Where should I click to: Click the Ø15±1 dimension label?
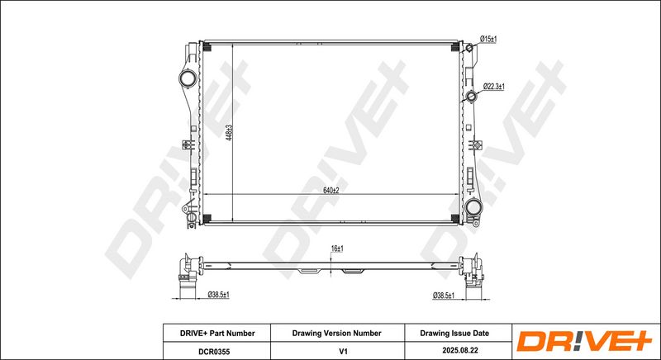point(488,39)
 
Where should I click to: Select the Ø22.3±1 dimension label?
point(493,87)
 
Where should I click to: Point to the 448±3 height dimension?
point(230,132)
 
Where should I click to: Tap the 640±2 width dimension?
point(331,190)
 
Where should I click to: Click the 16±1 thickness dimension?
point(337,249)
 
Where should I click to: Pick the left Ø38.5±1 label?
point(218,295)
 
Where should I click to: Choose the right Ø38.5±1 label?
point(444,296)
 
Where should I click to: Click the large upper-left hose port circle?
point(188,78)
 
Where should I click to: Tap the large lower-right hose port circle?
point(473,207)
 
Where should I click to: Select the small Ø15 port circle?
point(468,48)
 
